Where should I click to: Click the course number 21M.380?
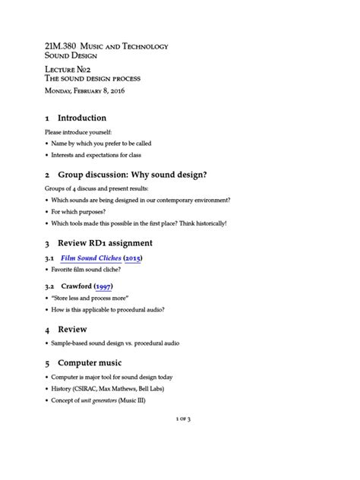64,46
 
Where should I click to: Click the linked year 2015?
132,258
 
